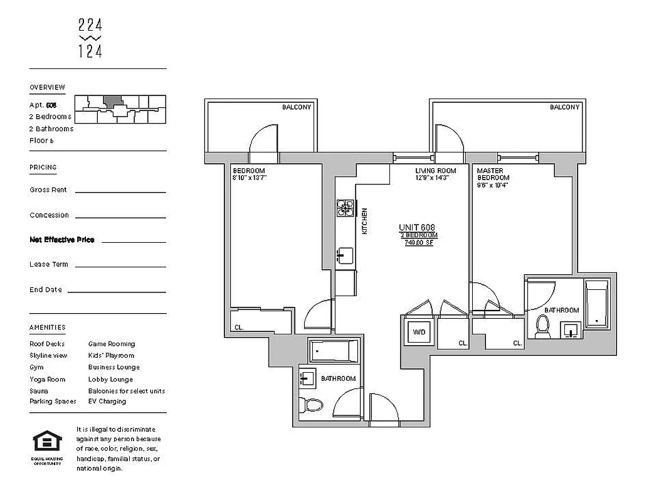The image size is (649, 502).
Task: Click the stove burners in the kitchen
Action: [x=346, y=208]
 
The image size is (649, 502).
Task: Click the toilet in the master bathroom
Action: [x=542, y=326]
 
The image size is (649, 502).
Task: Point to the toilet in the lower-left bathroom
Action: [x=310, y=404]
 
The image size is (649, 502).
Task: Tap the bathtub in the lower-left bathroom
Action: [x=334, y=351]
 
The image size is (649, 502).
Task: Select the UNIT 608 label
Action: [x=417, y=227]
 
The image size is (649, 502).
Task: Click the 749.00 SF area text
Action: [x=418, y=242]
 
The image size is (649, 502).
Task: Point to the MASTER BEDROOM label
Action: [x=493, y=174]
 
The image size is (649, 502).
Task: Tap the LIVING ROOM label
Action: [x=435, y=171]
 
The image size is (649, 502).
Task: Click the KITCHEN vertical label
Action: [x=364, y=221]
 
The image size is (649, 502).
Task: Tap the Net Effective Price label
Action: [x=61, y=240]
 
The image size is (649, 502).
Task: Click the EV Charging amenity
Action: [x=107, y=402]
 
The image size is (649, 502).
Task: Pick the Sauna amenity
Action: [x=38, y=391]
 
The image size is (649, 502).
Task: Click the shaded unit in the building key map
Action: [x=112, y=101]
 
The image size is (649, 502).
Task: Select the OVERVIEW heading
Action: [x=47, y=87]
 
